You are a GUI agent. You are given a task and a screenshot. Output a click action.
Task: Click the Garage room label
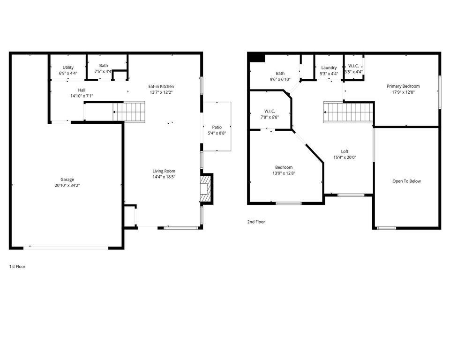pyautogui.click(x=67, y=180)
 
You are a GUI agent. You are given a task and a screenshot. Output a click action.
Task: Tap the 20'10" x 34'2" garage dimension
pyautogui.click(x=67, y=186)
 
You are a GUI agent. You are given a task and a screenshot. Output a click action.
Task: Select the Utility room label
pyautogui.click(x=68, y=67)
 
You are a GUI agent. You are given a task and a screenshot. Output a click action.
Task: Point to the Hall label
pyautogui.click(x=82, y=90)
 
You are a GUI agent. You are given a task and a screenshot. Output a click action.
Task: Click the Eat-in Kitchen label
pyautogui.click(x=161, y=86)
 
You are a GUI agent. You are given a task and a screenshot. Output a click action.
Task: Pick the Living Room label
pyautogui.click(x=164, y=171)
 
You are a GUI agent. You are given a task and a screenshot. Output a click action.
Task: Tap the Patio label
pyautogui.click(x=217, y=127)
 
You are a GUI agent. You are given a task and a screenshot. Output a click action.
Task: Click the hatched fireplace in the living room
pyautogui.click(x=206, y=188)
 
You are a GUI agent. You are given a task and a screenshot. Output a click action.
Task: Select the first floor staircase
pyautogui.click(x=129, y=112)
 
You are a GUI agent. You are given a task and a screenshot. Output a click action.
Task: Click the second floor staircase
pyautogui.click(x=349, y=112)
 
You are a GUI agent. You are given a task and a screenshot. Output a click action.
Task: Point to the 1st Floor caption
pyautogui.click(x=17, y=266)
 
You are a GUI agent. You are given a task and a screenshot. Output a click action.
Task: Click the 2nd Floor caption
pyautogui.click(x=256, y=222)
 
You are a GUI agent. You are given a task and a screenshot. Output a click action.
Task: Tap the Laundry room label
pyautogui.click(x=329, y=68)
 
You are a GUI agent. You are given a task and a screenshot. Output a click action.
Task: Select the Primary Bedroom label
pyautogui.click(x=403, y=86)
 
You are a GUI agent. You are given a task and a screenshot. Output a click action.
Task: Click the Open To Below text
pyautogui.click(x=407, y=181)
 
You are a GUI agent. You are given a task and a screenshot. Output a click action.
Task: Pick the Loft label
pyautogui.click(x=345, y=151)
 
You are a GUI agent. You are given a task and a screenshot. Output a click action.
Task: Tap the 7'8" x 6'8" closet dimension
pyautogui.click(x=270, y=117)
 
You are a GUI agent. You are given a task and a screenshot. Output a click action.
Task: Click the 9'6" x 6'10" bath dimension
pyautogui.click(x=280, y=79)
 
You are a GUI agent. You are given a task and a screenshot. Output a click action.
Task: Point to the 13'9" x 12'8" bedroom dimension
pyautogui.click(x=284, y=173)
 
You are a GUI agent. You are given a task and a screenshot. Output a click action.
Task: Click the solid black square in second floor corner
pyautogui.click(x=256, y=57)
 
